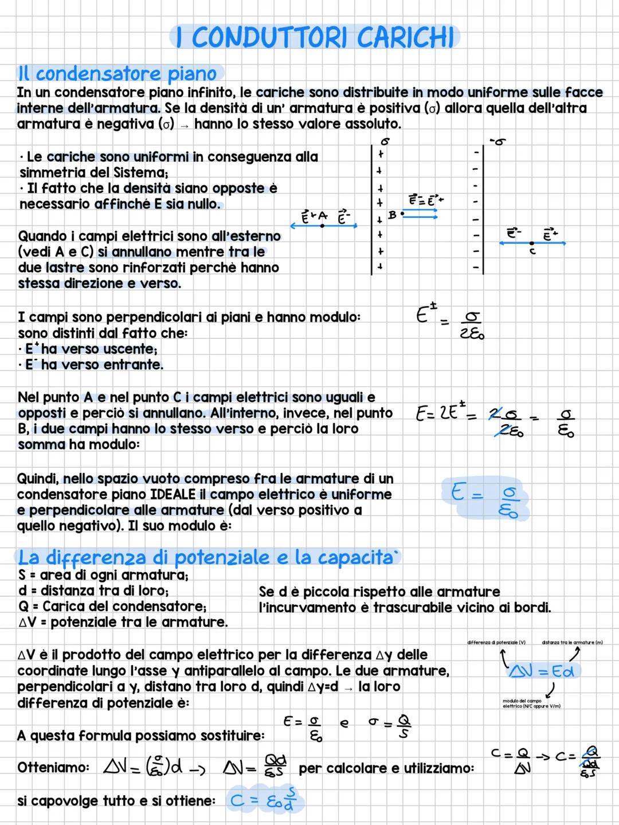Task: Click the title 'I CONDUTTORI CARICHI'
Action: tap(315, 38)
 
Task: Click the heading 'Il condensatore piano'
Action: tap(118, 74)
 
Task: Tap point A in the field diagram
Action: tap(322, 225)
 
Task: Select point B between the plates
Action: tap(402, 213)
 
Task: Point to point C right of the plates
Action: tap(532, 244)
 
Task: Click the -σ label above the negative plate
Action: tap(497, 141)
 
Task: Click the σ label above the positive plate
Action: tap(385, 140)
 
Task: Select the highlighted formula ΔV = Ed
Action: tap(542, 670)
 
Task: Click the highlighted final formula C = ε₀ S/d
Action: tap(265, 800)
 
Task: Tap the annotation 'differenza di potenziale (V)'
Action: tap(496, 643)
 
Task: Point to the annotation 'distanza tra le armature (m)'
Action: tap(571, 643)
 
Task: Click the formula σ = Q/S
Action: tap(390, 725)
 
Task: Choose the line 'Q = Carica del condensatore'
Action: tap(112, 607)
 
